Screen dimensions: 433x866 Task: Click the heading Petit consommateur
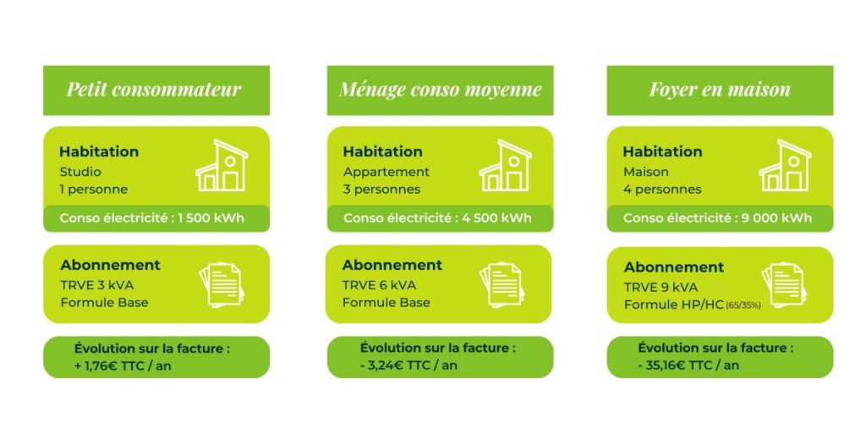coord(154,90)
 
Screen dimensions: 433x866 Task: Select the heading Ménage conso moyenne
coord(440,90)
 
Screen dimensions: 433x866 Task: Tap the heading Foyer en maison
coord(720,90)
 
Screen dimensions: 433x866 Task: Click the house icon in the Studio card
coord(222,166)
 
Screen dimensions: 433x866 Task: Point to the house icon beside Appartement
coord(505,166)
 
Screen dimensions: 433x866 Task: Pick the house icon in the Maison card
coord(785,166)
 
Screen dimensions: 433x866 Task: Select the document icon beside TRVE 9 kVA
coord(783,284)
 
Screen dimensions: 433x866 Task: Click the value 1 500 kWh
coord(211,218)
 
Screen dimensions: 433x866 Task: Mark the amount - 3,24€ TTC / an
coord(408,365)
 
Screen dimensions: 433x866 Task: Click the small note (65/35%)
coord(743,305)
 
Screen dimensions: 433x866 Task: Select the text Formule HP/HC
coord(674,304)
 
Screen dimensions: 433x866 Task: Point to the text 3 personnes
coord(381,189)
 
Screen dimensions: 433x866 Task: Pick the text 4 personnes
coord(662,189)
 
